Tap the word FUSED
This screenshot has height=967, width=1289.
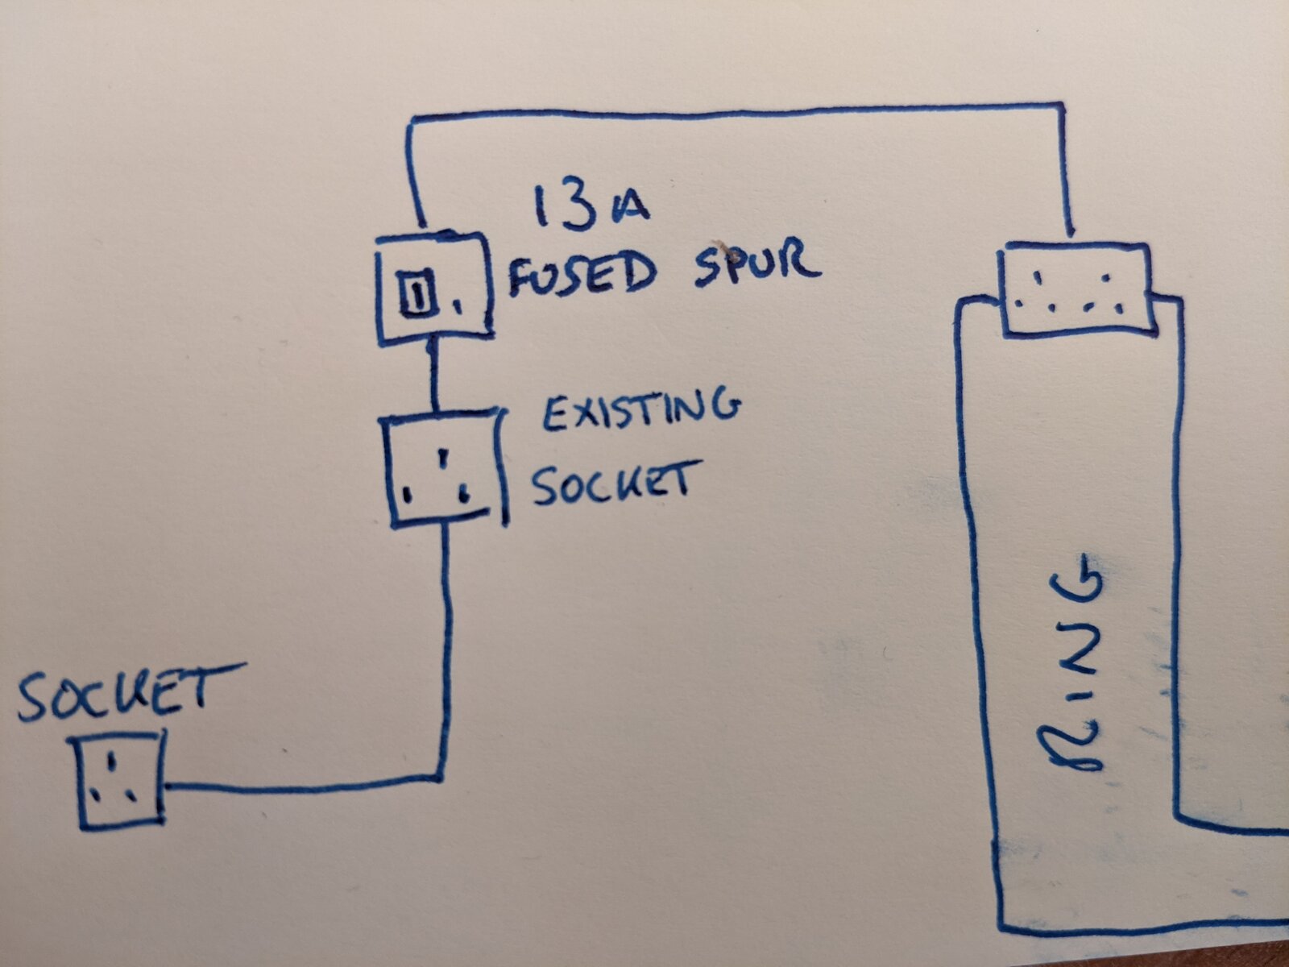click(582, 274)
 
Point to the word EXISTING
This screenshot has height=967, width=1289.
click(640, 411)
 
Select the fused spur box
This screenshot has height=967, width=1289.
click(433, 288)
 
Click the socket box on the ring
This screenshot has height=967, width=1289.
click(1077, 290)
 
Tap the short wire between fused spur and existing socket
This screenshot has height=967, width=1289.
click(434, 376)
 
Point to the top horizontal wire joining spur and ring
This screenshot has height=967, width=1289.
click(737, 111)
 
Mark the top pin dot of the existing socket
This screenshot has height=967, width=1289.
click(445, 457)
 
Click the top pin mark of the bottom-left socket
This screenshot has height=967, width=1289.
click(112, 762)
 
